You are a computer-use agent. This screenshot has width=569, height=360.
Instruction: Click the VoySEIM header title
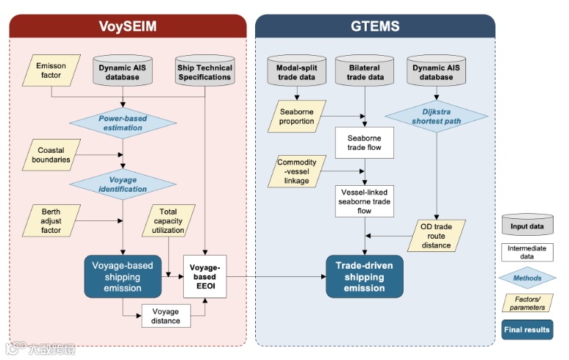[128, 27]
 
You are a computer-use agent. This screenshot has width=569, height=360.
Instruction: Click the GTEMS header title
[375, 27]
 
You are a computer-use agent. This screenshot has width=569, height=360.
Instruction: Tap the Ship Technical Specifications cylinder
[204, 72]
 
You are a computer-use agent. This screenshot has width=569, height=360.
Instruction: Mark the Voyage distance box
[166, 315]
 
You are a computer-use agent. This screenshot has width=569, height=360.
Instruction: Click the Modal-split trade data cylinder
[297, 72]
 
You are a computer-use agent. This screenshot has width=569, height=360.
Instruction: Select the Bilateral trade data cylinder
[365, 72]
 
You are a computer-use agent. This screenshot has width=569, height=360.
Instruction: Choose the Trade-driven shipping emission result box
[365, 276]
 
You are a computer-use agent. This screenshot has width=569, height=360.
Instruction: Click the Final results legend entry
[526, 330]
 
